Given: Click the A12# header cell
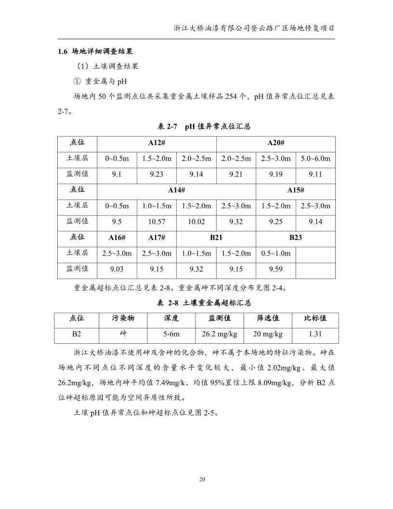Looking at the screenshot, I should point(157,143).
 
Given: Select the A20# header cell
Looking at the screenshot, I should point(275,143).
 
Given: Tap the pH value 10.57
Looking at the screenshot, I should point(157,222).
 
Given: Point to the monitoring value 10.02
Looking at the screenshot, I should point(196,222).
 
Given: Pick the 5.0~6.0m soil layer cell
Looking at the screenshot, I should point(315,158).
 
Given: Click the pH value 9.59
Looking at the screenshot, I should point(275,269).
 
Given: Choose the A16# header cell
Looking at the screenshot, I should point(117,238).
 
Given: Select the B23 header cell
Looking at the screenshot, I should point(295,238).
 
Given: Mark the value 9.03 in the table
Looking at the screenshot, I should point(117,269).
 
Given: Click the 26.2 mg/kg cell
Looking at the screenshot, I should point(220,334).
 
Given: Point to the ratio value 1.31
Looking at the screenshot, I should point(315,334).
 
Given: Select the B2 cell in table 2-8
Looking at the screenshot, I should point(77,334).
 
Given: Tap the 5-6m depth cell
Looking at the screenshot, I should point(171,334).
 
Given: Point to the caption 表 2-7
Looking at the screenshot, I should point(168,126).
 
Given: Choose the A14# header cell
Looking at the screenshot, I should point(176,190).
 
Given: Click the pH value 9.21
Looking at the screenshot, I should point(236,174).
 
